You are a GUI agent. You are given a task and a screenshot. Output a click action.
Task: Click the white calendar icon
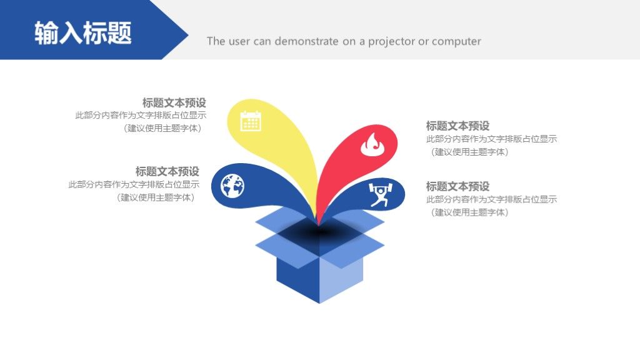click(251, 121)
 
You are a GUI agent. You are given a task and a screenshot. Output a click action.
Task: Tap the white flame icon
click(371, 144)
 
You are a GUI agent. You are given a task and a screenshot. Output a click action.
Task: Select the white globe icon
click(232, 186)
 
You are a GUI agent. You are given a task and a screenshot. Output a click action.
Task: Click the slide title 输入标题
click(83, 32)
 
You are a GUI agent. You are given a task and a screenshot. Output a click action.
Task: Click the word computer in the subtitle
click(456, 42)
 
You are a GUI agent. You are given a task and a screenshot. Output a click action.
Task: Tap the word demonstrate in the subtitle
click(306, 41)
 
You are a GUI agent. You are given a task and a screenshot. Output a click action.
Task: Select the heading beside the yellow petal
click(174, 102)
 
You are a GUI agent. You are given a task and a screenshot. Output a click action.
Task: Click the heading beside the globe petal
click(167, 171)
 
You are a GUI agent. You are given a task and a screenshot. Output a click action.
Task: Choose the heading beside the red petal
click(457, 126)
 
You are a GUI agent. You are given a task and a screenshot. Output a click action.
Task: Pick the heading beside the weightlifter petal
click(457, 186)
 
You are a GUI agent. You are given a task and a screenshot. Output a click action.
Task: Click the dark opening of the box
click(319, 232)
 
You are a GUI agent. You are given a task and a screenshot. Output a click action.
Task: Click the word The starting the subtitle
click(216, 41)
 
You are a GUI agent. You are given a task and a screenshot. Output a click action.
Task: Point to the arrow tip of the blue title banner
click(188, 36)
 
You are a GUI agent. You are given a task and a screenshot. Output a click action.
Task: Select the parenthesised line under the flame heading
click(470, 152)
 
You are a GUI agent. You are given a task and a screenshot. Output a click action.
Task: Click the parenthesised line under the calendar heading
click(162, 128)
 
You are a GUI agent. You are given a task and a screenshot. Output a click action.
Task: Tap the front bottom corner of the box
click(319, 303)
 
